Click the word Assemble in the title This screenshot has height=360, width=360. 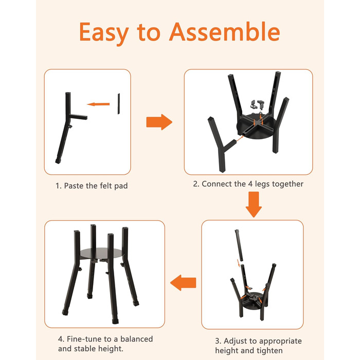pos(225,32)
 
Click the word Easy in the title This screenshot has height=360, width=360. pos(104,33)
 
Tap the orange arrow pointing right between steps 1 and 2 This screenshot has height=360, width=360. pos(159,122)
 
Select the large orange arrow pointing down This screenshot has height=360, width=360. pos(254,204)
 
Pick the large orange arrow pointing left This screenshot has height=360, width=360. pos(183,283)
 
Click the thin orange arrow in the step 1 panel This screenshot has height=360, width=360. pos(98,104)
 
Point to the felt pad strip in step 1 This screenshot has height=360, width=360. pos(119,103)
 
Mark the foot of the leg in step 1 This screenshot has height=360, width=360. pos(58,161)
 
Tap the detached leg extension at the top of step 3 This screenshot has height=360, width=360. pos(239,245)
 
